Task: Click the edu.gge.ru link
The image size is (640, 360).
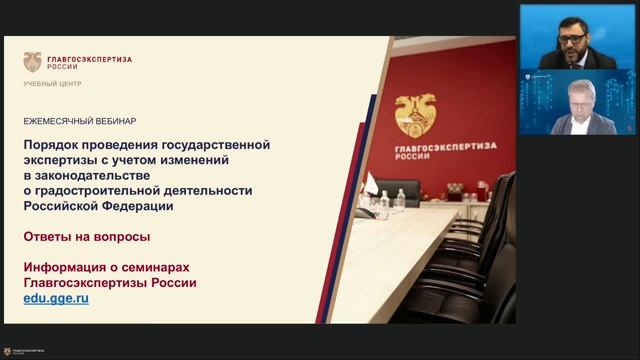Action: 56,299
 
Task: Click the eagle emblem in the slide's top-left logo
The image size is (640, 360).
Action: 33,63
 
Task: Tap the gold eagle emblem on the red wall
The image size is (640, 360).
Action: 414,115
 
